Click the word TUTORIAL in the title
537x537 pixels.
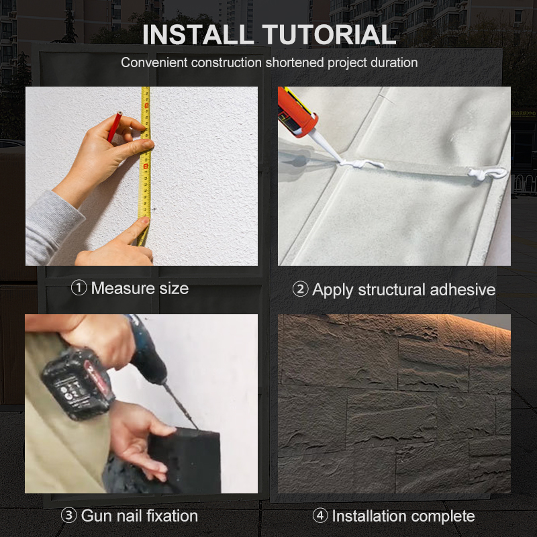coord(329,35)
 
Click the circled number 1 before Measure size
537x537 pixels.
coord(79,288)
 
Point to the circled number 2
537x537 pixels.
coord(300,289)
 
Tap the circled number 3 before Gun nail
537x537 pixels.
coord(69,516)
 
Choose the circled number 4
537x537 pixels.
coord(320,516)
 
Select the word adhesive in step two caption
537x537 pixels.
coord(462,290)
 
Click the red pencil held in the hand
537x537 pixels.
coord(114,126)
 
